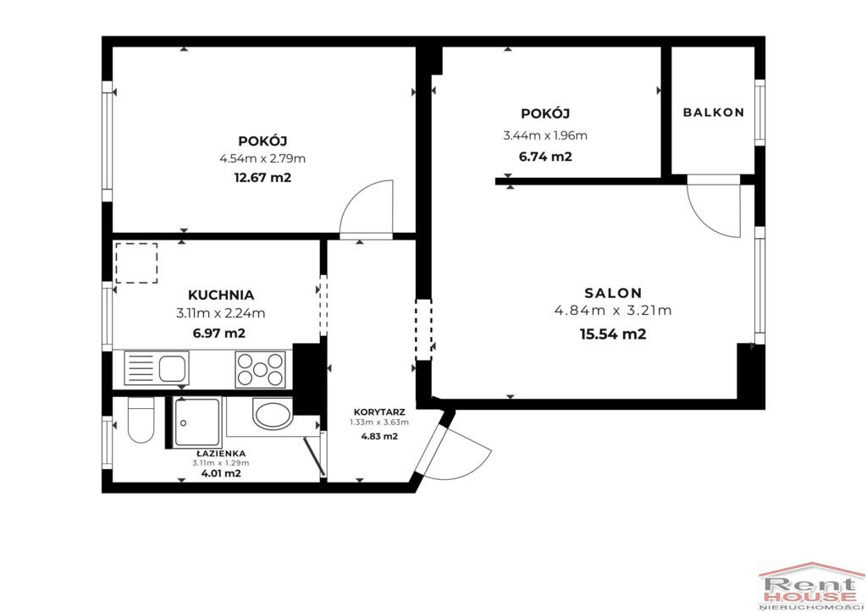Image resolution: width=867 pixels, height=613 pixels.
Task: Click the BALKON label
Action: [713, 113]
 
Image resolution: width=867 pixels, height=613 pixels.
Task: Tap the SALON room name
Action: [613, 293]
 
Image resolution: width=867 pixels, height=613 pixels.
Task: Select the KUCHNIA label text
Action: [221, 295]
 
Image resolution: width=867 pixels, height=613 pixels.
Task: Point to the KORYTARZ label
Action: [379, 412]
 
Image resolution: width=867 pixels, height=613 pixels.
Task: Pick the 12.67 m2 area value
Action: [262, 178]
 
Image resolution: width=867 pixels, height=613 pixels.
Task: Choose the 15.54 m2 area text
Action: [613, 334]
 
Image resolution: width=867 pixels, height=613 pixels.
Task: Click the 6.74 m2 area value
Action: [545, 157]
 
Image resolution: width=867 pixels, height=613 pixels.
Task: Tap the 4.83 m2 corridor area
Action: [379, 436]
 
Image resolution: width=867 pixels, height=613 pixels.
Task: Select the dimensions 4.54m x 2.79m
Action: [262, 159]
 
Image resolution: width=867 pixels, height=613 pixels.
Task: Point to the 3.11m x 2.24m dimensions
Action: [221, 313]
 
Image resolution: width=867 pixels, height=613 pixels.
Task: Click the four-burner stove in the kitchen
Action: [261, 369]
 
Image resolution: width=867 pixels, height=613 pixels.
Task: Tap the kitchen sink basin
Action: [172, 368]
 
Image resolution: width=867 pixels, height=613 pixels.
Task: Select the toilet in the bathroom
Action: [141, 420]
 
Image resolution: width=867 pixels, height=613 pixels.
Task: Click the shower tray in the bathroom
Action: [196, 422]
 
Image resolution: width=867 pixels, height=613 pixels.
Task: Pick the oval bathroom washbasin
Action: [273, 413]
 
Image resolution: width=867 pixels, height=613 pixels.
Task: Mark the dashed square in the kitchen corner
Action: [136, 263]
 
